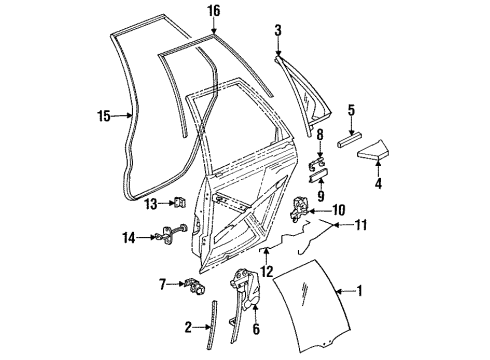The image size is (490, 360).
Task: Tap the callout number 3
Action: [x=278, y=33]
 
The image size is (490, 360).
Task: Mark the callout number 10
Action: [x=339, y=210]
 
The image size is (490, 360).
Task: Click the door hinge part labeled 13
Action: [x=180, y=204]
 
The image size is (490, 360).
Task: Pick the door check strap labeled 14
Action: [x=180, y=239]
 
